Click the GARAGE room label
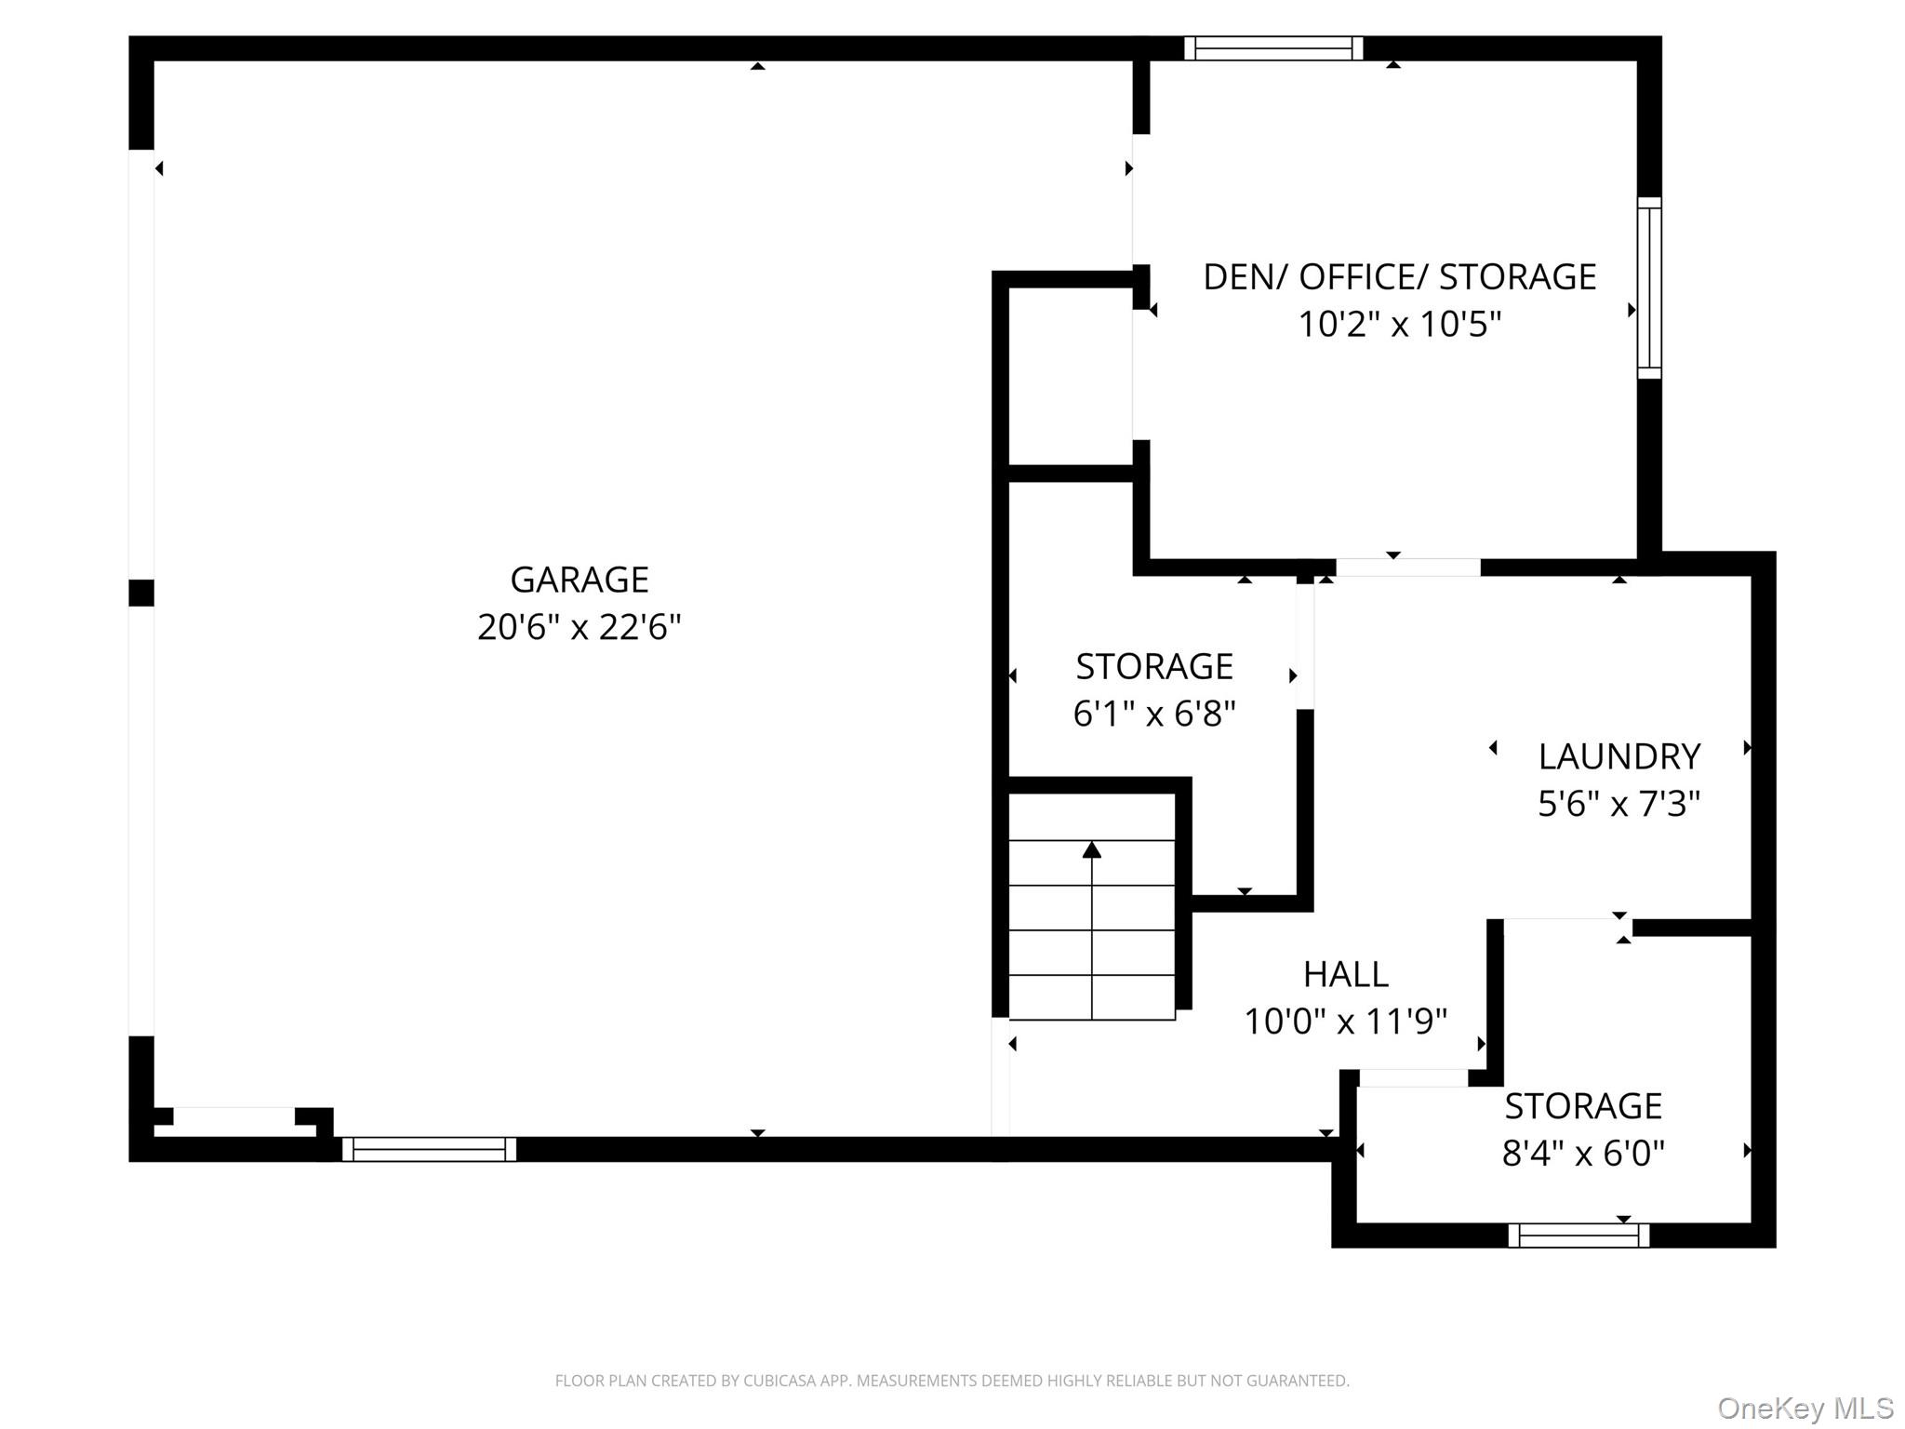click(579, 580)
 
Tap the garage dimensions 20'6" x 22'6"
click(579, 628)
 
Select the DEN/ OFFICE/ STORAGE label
click(1399, 277)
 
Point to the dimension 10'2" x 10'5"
click(1399, 325)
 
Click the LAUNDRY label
click(1619, 756)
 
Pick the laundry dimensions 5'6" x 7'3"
click(1619, 804)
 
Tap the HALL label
click(1345, 974)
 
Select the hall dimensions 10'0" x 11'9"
click(1345, 1022)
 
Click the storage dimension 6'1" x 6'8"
click(1153, 714)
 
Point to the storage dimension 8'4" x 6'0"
click(1582, 1154)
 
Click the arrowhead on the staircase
click(1092, 849)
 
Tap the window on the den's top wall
click(1273, 48)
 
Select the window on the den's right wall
click(1648, 287)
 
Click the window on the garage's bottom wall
click(429, 1149)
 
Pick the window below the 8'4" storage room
click(1578, 1235)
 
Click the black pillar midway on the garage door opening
click(141, 593)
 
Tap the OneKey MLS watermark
click(1805, 1408)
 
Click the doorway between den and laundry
click(1407, 568)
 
